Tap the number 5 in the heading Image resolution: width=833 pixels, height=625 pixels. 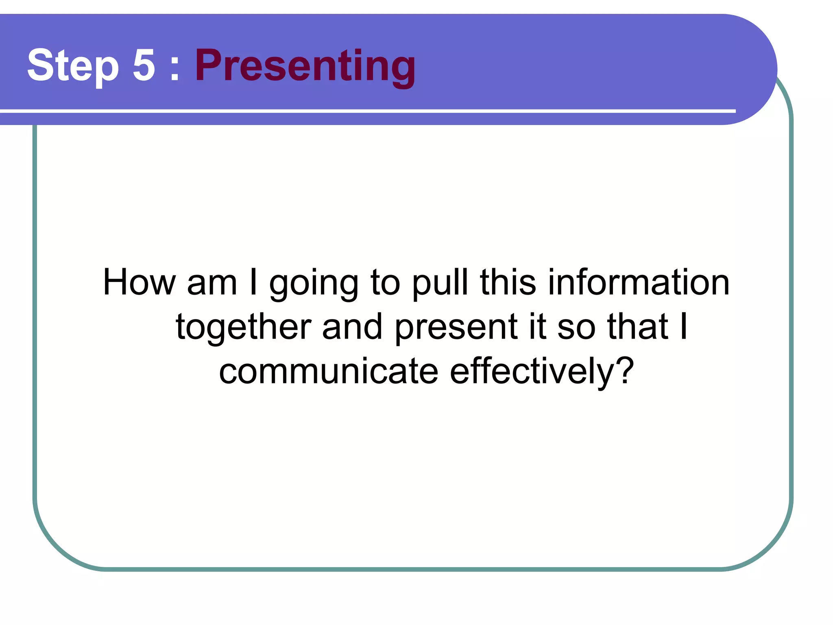[144, 65]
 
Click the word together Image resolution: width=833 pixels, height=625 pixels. [243, 328]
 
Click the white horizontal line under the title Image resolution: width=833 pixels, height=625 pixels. [366, 111]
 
